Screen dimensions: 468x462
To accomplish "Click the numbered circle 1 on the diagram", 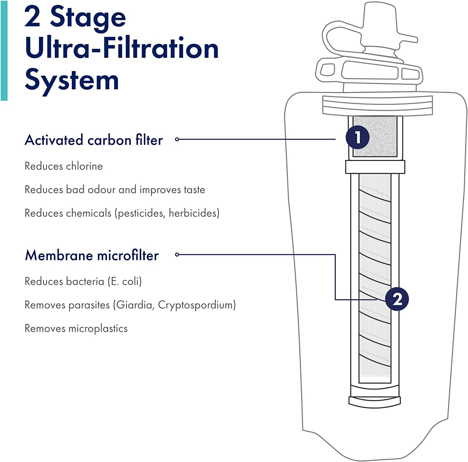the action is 358,137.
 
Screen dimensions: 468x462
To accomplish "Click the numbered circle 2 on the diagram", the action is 397,299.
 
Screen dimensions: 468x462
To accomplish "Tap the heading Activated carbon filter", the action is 94,140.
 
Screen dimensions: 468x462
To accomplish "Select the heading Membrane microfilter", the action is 92,255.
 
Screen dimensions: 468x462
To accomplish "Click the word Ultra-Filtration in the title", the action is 122,48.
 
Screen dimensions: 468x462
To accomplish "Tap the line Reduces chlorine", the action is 64,166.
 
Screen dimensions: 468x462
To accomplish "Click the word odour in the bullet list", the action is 101,190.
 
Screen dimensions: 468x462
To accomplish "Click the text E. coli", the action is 124,281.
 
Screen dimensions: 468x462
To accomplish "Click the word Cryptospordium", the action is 196,305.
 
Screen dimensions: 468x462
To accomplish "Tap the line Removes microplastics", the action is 76,328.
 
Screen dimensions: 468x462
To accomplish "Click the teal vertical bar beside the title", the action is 4,50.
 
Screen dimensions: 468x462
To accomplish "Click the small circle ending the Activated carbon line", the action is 177,139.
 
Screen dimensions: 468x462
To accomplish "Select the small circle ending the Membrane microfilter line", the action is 177,255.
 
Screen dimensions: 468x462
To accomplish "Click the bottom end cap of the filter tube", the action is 374,402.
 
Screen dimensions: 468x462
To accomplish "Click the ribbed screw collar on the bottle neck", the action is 378,105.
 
